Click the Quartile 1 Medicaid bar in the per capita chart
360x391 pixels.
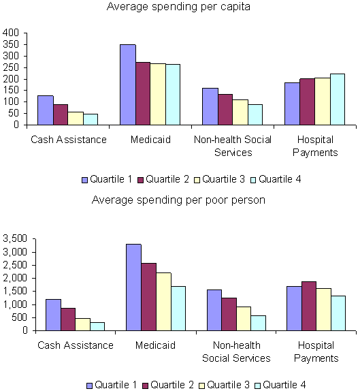[x=128, y=84]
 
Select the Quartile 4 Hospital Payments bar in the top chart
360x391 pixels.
[x=338, y=99]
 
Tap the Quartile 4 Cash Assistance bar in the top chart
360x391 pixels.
[x=91, y=119]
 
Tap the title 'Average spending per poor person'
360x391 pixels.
[x=178, y=200]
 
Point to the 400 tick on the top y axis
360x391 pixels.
[x=11, y=33]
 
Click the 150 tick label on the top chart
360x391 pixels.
[x=11, y=102]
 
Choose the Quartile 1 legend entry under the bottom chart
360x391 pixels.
[x=110, y=386]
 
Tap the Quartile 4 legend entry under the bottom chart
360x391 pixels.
[x=281, y=386]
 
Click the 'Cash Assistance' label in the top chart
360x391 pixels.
[x=68, y=140]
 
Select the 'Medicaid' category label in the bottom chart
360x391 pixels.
[x=156, y=345]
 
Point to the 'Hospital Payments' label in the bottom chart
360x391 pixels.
[x=316, y=351]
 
